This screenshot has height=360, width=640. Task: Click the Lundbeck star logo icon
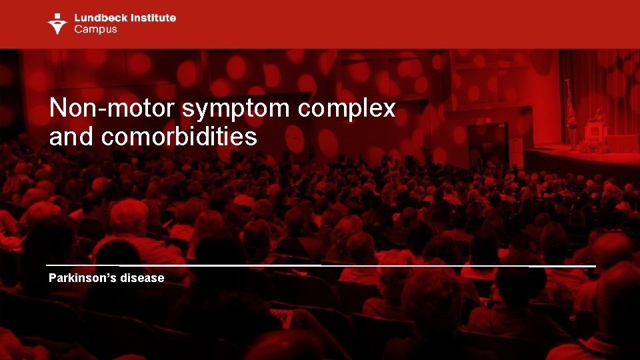click(x=57, y=23)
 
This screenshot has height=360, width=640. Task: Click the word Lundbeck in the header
click(x=99, y=17)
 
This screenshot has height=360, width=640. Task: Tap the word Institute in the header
click(x=152, y=17)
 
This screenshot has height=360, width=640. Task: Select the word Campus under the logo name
click(x=95, y=29)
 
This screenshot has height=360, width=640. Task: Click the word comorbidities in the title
click(x=179, y=137)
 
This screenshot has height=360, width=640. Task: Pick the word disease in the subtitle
click(x=143, y=278)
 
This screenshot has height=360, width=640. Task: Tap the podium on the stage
click(x=595, y=131)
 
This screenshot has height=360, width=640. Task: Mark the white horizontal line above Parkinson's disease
click(x=320, y=266)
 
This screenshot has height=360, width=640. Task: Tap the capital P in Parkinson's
click(x=53, y=278)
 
